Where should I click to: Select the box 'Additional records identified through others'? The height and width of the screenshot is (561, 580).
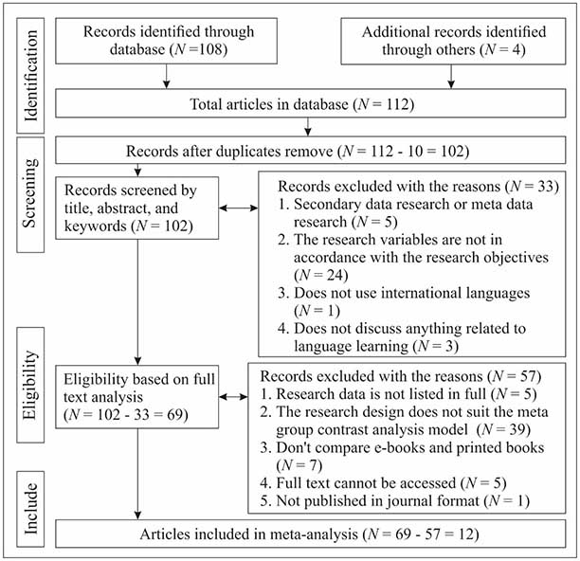(x=453, y=41)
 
